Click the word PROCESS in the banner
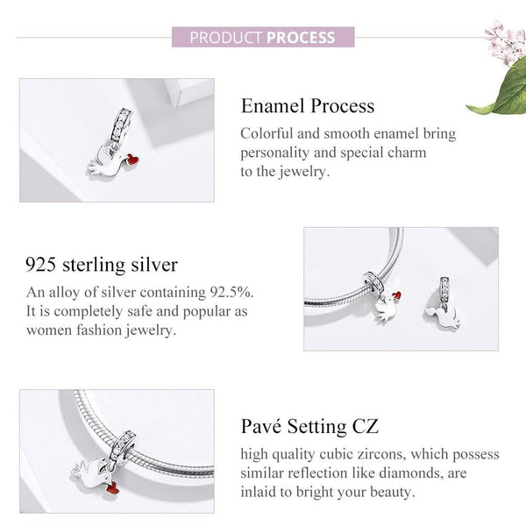302,38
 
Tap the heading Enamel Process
307,107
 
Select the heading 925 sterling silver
102,264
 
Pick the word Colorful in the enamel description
268,133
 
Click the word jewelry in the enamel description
293,172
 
